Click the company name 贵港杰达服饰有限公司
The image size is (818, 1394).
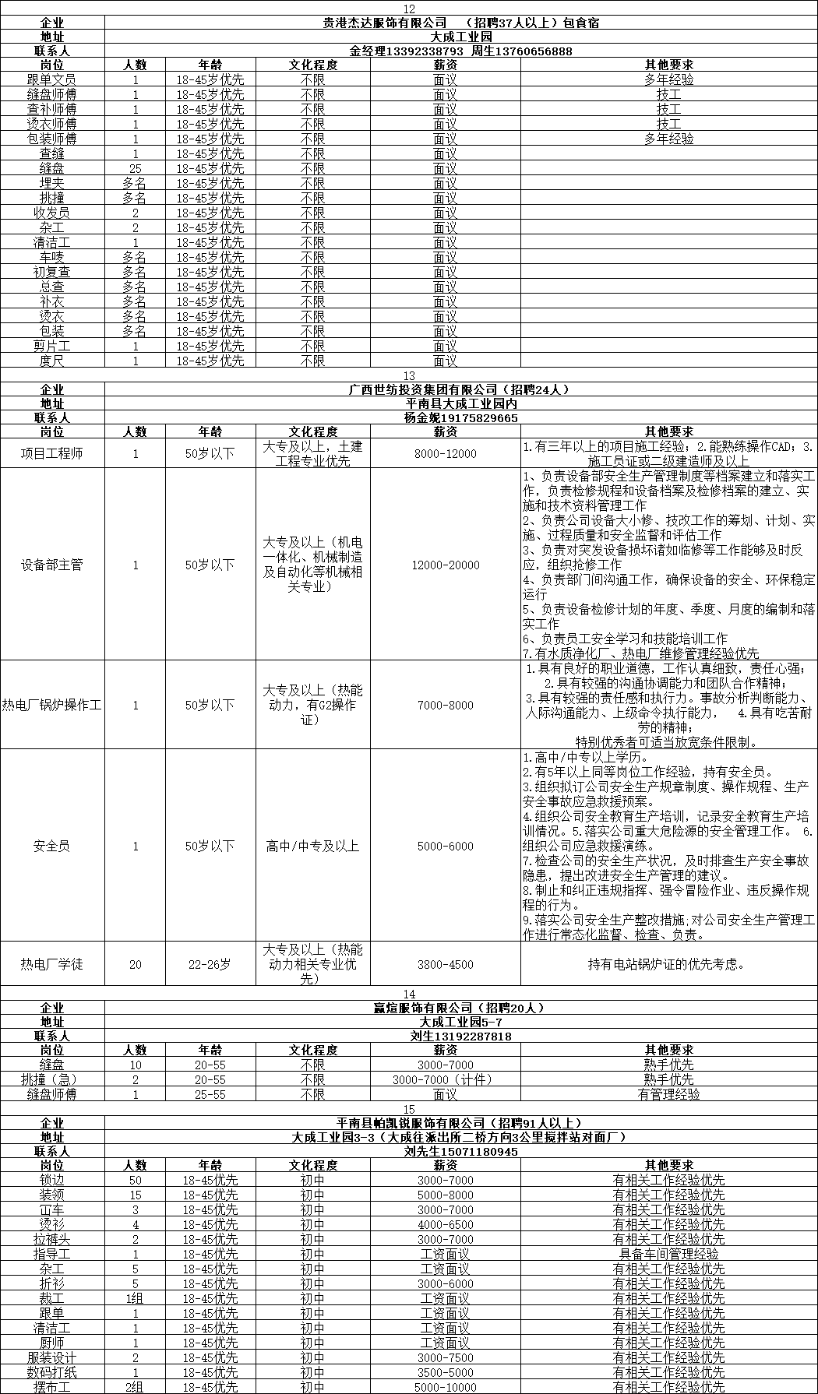click(385, 23)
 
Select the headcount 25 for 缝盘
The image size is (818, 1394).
click(135, 168)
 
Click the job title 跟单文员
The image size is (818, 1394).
click(51, 79)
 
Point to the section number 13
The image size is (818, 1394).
click(409, 375)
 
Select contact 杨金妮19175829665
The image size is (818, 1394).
click(461, 418)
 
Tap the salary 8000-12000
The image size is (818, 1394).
click(445, 453)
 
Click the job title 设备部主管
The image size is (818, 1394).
click(51, 565)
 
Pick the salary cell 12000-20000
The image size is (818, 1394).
click(445, 565)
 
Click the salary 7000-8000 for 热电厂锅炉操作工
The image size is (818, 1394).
click(445, 705)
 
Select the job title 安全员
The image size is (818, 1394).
click(51, 846)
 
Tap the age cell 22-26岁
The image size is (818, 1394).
click(210, 964)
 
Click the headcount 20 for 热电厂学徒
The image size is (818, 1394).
click(135, 964)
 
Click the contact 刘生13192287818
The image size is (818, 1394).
click(461, 1037)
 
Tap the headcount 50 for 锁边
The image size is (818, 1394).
click(135, 1180)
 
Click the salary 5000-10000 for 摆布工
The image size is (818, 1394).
click(445, 1387)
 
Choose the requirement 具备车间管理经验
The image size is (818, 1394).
click(668, 1254)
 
